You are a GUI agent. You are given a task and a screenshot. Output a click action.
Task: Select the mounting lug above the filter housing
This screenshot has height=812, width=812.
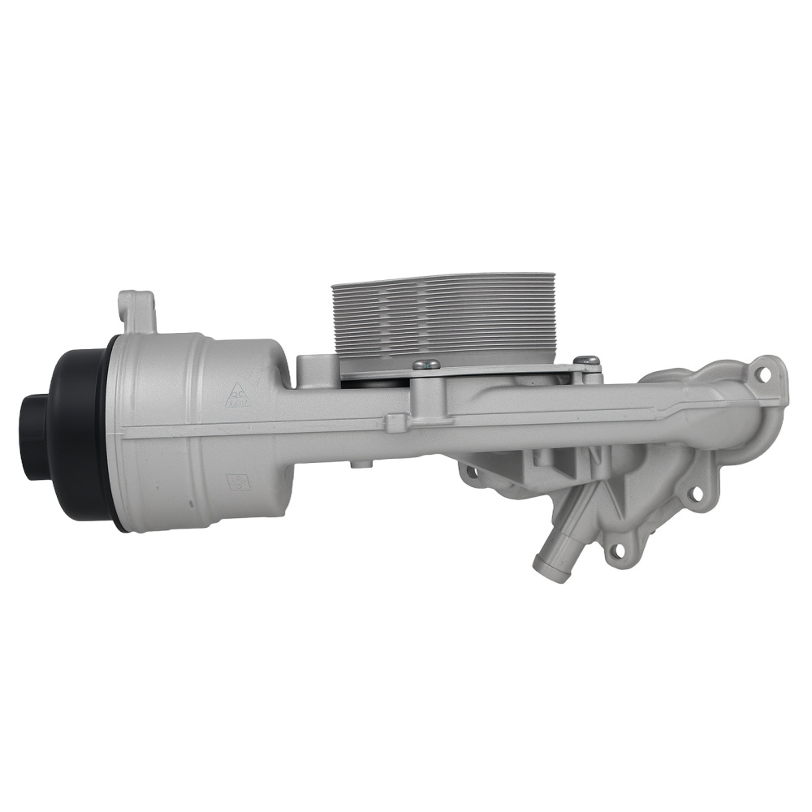point(136,312)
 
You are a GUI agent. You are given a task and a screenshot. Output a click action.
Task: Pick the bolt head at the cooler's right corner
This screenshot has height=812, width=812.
point(586,361)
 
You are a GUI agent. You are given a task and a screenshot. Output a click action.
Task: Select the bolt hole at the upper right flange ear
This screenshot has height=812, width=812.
point(762,374)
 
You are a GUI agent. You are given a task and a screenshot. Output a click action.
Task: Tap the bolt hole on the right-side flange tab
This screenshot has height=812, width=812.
point(695,492)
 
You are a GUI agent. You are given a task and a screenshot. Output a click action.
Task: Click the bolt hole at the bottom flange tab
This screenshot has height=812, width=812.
point(619,550)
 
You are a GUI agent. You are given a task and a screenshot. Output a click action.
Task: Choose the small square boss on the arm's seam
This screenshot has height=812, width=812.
point(395,422)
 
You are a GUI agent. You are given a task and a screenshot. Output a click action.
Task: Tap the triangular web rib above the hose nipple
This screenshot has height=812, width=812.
point(604,495)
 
